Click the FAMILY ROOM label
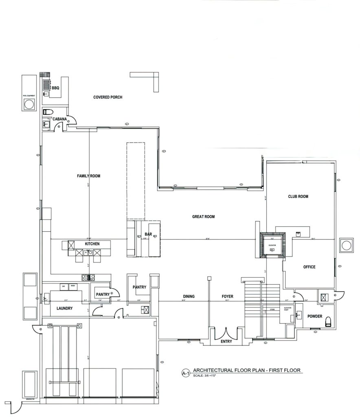pos(88,176)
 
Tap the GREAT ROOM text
pos(203,217)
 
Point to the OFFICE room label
pos(310,267)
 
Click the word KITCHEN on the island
pos(92,244)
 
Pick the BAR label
pos(148,235)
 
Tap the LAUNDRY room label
pos(64,309)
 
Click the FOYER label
pos(227,296)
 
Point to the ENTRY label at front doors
pos(226,342)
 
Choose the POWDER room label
pos(315,316)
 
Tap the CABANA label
pos(59,119)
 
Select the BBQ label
pos(55,87)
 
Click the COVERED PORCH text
pos(108,97)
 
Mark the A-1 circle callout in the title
pos(186,372)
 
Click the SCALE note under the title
pos(205,376)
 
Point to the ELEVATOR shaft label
pos(273,245)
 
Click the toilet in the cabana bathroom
pos(48,112)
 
